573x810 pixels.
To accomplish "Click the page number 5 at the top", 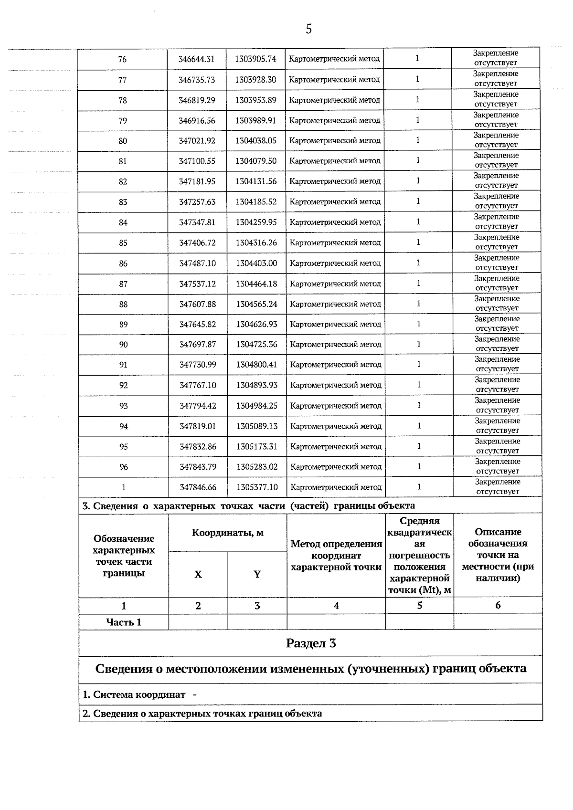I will click(x=308, y=30).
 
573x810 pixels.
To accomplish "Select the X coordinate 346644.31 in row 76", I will click(x=196, y=59).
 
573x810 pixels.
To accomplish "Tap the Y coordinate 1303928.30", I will click(x=255, y=80).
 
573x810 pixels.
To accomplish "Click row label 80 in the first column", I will click(x=123, y=141).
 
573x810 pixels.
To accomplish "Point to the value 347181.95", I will click(x=197, y=181).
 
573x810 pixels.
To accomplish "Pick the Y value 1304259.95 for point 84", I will click(x=256, y=222).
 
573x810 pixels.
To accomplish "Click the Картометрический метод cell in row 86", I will click(x=335, y=263).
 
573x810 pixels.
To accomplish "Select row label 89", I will click(x=123, y=325).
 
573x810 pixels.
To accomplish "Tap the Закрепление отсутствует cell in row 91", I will click(x=497, y=364).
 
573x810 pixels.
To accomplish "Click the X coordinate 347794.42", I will click(x=198, y=406).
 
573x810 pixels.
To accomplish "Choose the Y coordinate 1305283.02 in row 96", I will click(x=257, y=467).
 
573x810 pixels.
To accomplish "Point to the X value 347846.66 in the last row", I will click(x=198, y=487).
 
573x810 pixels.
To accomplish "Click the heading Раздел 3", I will click(x=311, y=643).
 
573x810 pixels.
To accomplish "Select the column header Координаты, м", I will click(x=227, y=533).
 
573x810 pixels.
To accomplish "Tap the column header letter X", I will click(x=198, y=574).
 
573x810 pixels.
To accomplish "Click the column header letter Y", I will click(x=257, y=574).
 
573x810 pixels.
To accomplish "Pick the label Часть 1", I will click(x=123, y=622).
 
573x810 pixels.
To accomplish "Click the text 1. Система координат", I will click(x=134, y=694).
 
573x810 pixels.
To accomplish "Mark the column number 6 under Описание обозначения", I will click(x=498, y=605).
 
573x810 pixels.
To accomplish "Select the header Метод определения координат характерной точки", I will click(x=336, y=556).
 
